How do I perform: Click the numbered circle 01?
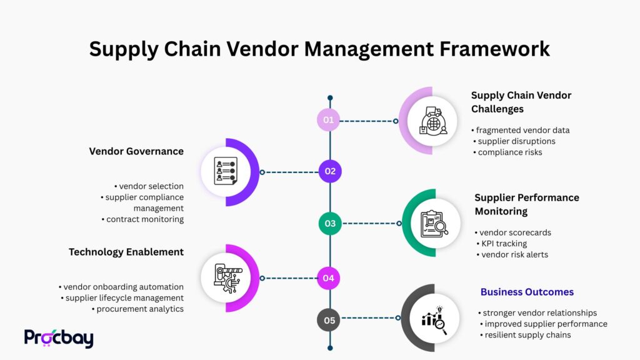(329, 120)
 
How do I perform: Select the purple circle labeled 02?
(330, 171)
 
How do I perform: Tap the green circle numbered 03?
(330, 223)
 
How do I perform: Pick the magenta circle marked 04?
(329, 278)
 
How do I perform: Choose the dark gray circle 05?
(329, 321)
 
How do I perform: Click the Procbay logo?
(59, 338)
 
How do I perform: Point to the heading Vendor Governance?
(136, 151)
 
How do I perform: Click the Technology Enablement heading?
(126, 252)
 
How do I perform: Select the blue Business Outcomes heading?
(527, 292)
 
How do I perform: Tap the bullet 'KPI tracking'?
(504, 243)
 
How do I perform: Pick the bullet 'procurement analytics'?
(139, 309)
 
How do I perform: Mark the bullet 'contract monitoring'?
(145, 219)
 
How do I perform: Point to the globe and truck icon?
(432, 121)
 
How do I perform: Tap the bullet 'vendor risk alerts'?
(514, 254)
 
